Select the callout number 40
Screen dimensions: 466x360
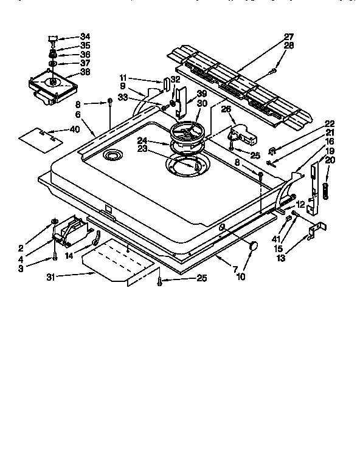(x=75, y=129)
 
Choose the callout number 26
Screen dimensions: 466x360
(x=225, y=110)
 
